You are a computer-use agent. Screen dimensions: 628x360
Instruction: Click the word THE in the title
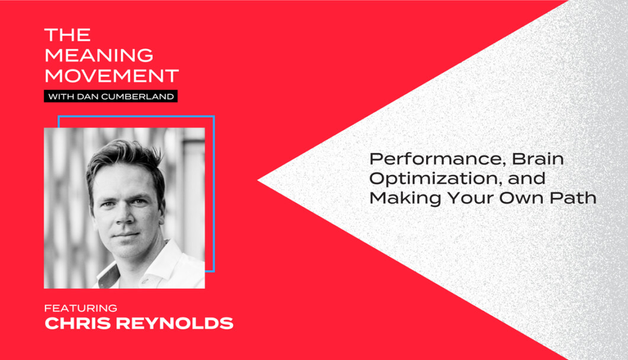(x=68, y=35)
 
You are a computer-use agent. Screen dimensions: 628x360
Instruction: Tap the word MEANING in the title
(x=99, y=55)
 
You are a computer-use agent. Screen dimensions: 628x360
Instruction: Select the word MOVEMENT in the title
(x=112, y=76)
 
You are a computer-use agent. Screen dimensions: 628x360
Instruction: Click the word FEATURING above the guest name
(x=81, y=308)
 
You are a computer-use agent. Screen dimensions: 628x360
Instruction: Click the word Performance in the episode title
(x=435, y=159)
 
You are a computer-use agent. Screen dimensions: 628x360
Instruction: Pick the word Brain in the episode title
(x=538, y=159)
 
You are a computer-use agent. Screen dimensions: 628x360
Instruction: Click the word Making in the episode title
(x=405, y=198)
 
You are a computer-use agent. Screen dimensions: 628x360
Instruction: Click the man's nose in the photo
(x=126, y=216)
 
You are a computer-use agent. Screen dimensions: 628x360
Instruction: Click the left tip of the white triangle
(x=258, y=181)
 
